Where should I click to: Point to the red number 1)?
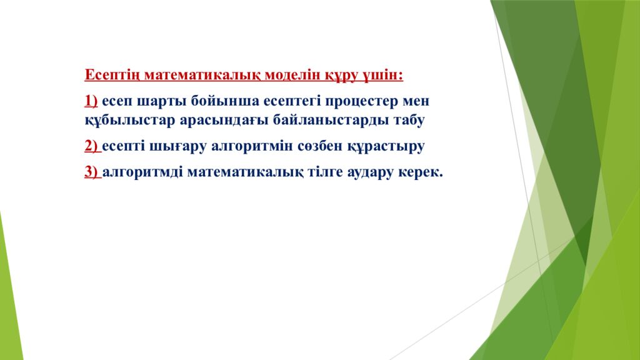[91, 101]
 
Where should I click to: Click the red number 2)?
[91, 147]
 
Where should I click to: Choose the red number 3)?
[91, 173]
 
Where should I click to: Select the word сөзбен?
[319, 147]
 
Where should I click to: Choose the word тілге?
[326, 173]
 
